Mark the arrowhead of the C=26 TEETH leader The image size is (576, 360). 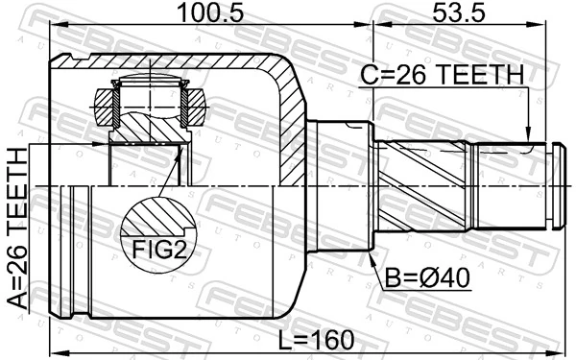coord(528,139)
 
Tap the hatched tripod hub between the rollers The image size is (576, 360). coord(149,120)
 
